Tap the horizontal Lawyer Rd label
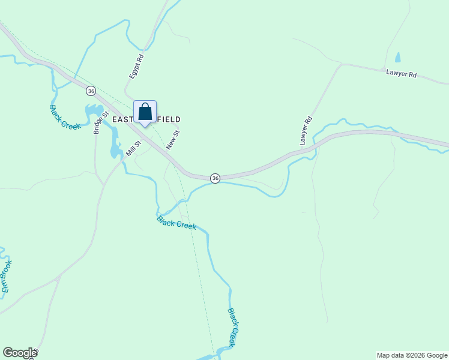401,74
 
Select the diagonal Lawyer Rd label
307,130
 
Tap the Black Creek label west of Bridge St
64,117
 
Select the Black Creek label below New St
176,223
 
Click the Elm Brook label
6,277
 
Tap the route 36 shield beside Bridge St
91,91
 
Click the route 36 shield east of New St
215,178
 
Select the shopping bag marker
145,112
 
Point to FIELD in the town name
166,120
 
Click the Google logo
20,353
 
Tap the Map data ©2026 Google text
412,355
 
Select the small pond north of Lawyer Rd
397,58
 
